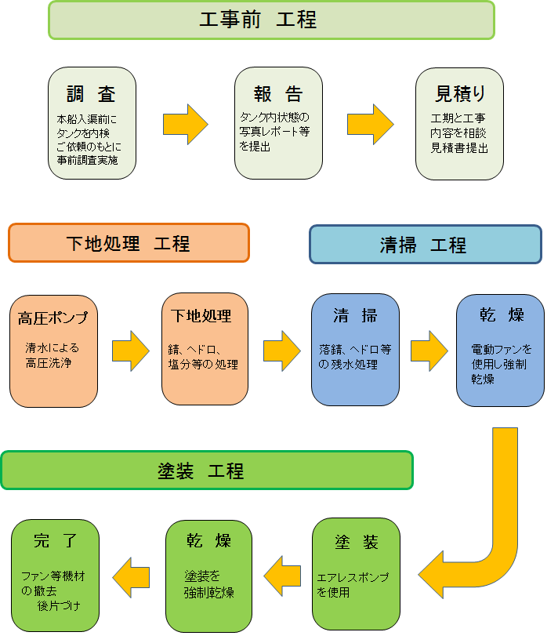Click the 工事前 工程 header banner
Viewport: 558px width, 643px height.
click(x=271, y=20)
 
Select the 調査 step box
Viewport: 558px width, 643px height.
click(x=92, y=122)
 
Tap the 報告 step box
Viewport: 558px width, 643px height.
click(x=279, y=122)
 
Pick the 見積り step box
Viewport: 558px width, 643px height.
click(x=458, y=122)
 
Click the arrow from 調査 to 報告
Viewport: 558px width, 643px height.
click(x=186, y=124)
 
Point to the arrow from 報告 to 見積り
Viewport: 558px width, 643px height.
click(x=370, y=124)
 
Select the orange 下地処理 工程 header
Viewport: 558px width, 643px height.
click(x=129, y=243)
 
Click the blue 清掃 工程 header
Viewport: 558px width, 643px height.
click(x=425, y=245)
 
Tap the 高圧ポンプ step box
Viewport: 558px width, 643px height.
click(x=53, y=351)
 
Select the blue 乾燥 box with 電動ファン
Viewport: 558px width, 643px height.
click(x=500, y=350)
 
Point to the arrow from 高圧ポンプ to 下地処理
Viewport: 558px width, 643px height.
click(x=130, y=350)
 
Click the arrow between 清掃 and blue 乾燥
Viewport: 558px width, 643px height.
click(x=429, y=350)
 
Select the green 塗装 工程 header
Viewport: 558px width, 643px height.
click(x=207, y=470)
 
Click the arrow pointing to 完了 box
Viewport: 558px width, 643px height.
click(x=131, y=579)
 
